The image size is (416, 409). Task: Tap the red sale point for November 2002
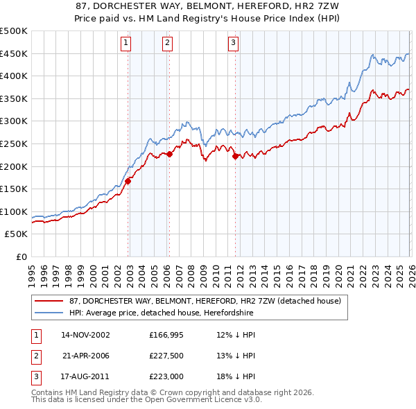[x=128, y=182]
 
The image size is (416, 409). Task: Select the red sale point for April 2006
[x=170, y=154]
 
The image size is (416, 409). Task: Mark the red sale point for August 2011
[x=235, y=156]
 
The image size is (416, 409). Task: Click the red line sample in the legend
[x=49, y=302]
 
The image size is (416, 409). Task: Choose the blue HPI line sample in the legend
[x=49, y=313]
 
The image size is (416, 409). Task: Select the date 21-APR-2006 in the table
[x=85, y=356]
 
